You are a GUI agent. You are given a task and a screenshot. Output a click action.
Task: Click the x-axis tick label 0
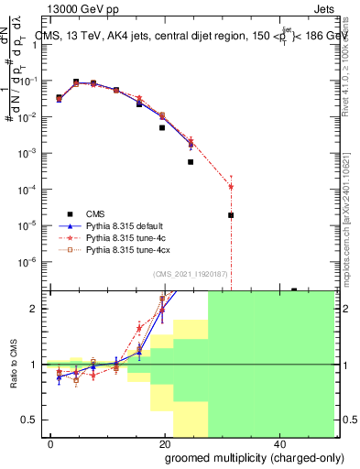click(x=51, y=442)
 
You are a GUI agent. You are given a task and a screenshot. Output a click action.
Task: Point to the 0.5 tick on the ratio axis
click(x=33, y=420)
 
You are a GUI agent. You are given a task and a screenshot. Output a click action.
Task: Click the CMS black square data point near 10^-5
click(x=231, y=215)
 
